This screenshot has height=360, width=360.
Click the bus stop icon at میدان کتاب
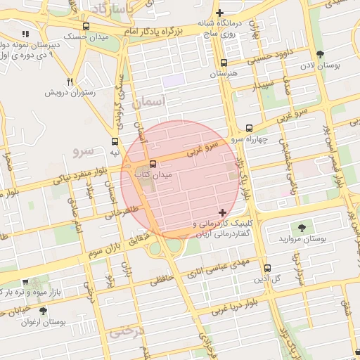click(153, 164)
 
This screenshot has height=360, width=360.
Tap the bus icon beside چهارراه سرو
click(250, 128)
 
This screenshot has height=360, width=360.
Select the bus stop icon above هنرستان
click(224, 63)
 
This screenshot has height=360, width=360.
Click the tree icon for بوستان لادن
click(321, 54)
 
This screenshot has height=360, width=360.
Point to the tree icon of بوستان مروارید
click(302, 227)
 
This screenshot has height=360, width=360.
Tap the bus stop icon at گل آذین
click(267, 267)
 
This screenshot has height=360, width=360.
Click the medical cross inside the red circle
click(223, 212)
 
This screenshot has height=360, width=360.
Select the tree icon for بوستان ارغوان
click(43, 311)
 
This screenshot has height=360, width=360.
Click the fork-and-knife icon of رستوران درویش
click(70, 82)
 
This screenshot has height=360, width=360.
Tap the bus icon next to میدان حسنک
click(86, 25)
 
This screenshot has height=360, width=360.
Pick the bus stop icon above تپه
click(115, 141)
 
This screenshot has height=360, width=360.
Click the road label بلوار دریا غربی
click(240, 297)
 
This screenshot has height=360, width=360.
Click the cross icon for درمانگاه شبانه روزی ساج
click(220, 13)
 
